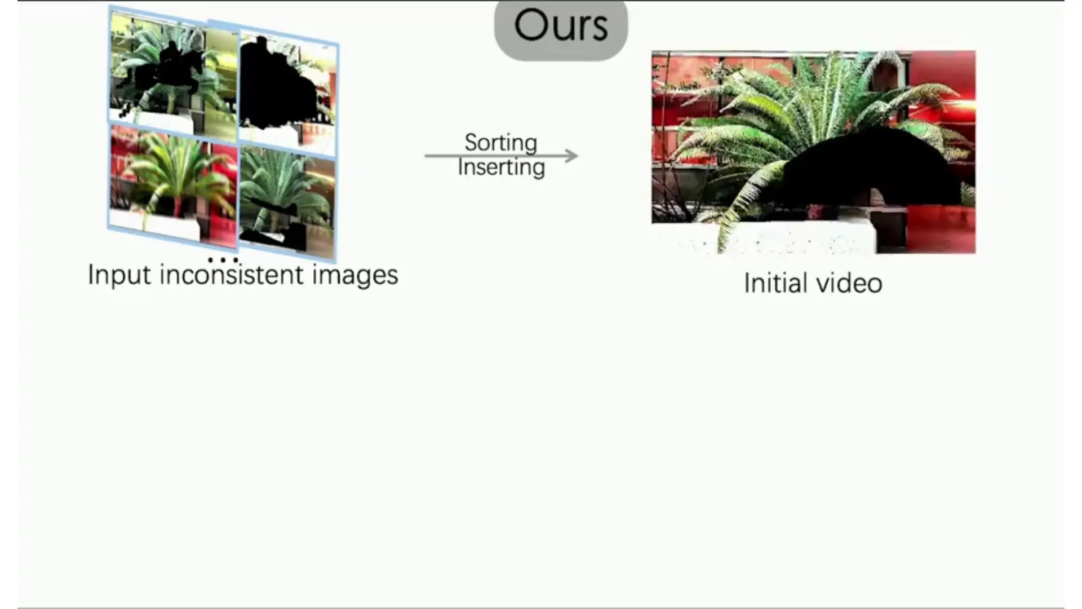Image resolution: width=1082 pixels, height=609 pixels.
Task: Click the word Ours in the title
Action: [x=561, y=25]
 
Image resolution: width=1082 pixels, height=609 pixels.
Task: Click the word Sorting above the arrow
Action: [x=500, y=143]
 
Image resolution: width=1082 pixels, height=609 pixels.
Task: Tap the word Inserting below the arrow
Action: [x=501, y=167]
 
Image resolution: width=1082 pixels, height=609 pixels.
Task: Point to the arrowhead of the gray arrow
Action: [x=571, y=156]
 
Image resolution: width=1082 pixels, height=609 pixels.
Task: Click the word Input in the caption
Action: [x=119, y=275]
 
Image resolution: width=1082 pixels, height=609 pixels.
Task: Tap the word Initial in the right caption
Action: [x=775, y=283]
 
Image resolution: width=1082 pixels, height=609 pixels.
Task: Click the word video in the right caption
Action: [x=849, y=283]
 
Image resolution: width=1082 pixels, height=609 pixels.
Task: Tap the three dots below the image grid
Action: [x=223, y=260]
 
